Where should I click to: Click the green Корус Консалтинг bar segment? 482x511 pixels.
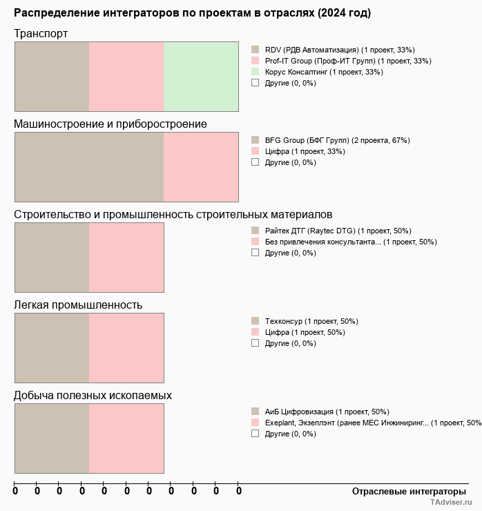pos(201,76)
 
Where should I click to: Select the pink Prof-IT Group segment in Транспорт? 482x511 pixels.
pos(126,76)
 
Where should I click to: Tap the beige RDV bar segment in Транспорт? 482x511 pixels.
pos(52,76)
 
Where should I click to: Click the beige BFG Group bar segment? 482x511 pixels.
pos(89,166)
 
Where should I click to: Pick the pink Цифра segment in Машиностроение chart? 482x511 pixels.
pos(201,166)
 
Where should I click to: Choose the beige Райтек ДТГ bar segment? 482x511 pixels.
pos(52,258)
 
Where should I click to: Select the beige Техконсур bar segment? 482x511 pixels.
pos(52,347)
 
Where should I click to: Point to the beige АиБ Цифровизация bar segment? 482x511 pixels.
pos(52,438)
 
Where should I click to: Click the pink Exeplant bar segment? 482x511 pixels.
pos(126,438)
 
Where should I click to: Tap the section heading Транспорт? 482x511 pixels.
pos(41,34)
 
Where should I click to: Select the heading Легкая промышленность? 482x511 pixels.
pos(78,305)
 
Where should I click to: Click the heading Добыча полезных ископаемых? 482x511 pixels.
pos(93,396)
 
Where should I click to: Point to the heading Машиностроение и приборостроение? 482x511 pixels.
pos(110,124)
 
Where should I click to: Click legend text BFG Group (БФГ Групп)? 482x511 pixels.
pos(337,140)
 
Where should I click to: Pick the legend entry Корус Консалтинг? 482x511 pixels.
pos(323,72)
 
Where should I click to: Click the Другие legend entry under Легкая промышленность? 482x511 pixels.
pos(290,343)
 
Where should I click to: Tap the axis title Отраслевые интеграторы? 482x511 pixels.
pos(405,491)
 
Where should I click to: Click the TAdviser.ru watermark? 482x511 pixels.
pos(452,503)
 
